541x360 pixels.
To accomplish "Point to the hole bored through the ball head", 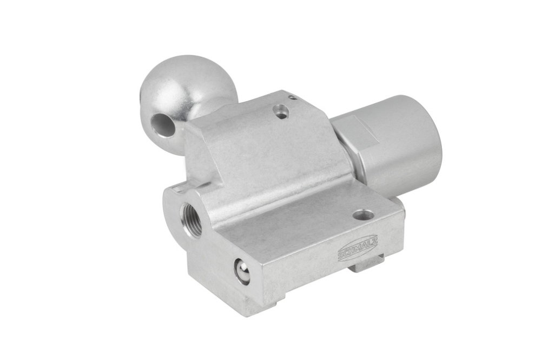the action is coord(163,124).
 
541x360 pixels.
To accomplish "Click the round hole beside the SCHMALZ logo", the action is coord(364,216).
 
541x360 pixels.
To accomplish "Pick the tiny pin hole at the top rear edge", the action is coord(293,98).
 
